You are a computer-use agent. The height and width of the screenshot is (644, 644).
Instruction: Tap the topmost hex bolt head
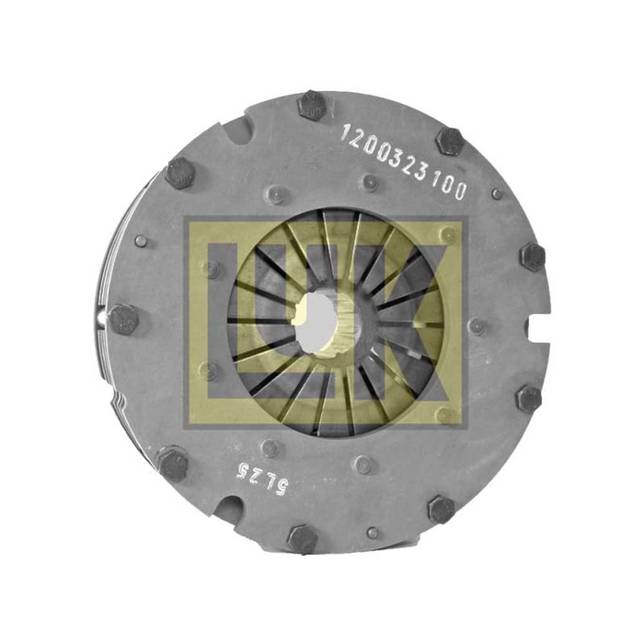pos(311,106)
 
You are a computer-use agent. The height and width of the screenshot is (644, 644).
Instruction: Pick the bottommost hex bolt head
pos(303,539)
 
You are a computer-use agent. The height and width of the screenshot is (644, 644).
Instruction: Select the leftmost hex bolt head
pos(123,319)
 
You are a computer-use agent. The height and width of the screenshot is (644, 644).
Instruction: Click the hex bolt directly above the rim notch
pos(533,257)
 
